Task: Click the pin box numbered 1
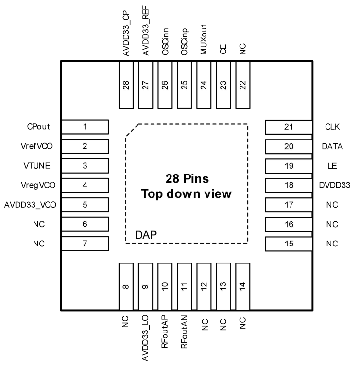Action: tap(85, 127)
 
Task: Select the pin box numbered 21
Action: tap(289, 127)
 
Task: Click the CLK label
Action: tap(332, 127)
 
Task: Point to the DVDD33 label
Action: tap(332, 185)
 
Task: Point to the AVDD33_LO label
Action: tap(145, 340)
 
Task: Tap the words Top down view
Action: tap(186, 193)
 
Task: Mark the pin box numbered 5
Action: tap(85, 204)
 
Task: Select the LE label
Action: tap(332, 166)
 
